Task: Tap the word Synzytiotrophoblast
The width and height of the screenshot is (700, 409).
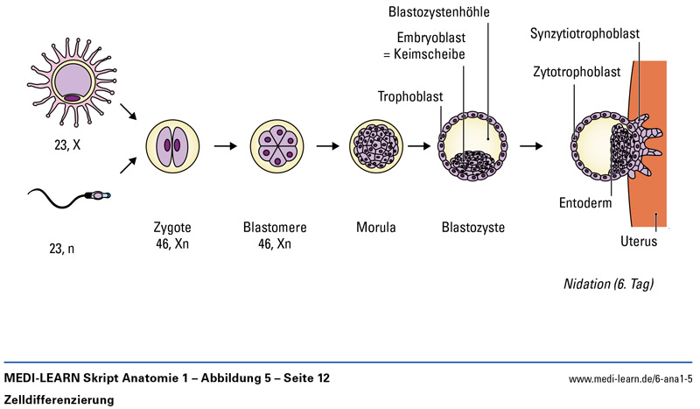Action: click(584, 33)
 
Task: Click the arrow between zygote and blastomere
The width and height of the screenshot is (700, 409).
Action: click(224, 146)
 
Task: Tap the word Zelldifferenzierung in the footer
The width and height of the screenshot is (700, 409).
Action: click(59, 399)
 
